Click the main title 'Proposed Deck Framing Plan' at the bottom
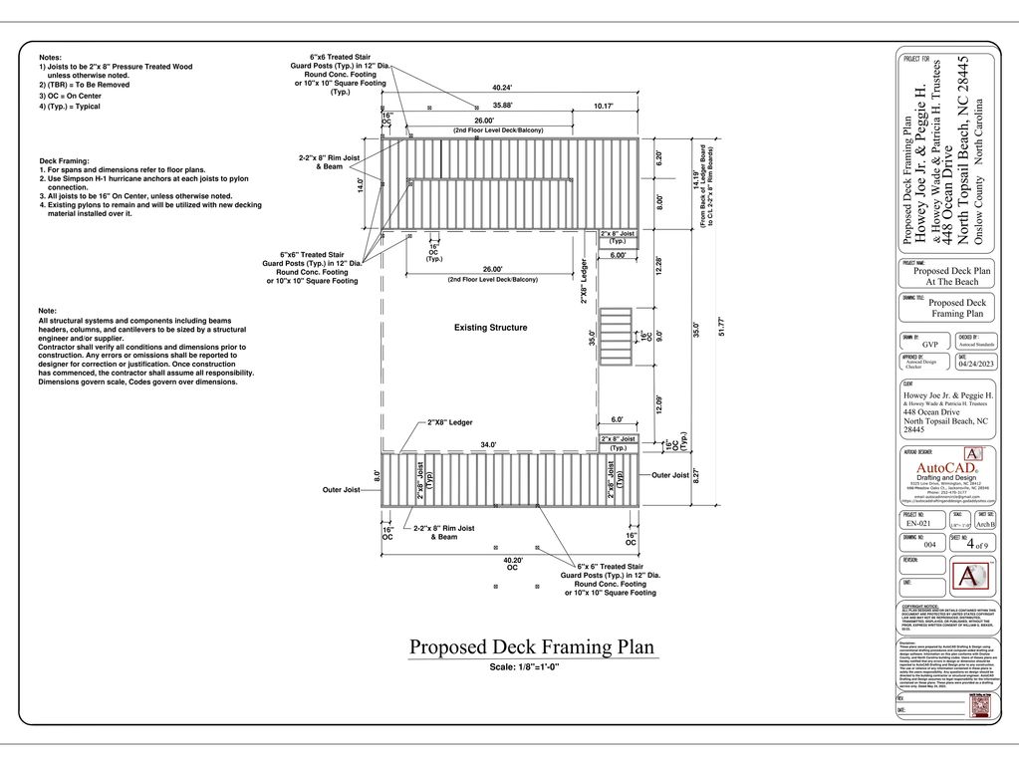[x=533, y=646]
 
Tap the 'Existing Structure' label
[x=491, y=328]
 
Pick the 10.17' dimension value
[x=604, y=105]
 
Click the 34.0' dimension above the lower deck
[x=488, y=444]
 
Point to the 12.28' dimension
[x=659, y=268]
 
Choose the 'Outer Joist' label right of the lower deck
[x=669, y=475]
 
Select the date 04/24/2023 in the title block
[x=977, y=364]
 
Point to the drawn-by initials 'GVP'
[x=930, y=344]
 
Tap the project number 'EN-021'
[x=918, y=523]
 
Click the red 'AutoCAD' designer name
[x=946, y=468]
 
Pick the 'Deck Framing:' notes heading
[x=64, y=160]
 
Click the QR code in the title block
[x=980, y=704]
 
